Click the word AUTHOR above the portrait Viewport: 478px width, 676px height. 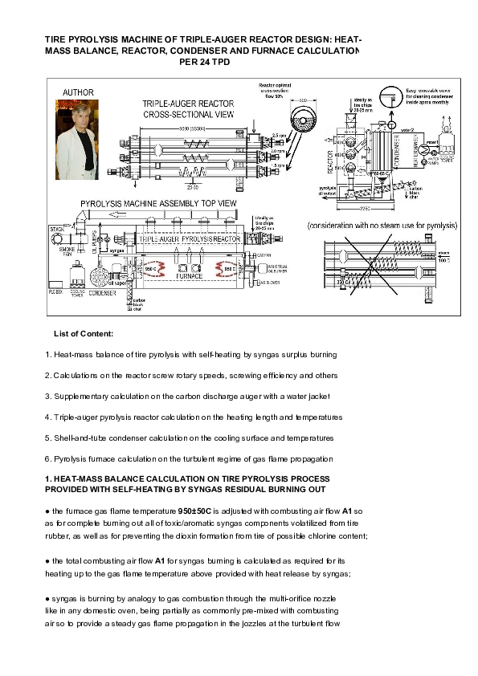(78, 92)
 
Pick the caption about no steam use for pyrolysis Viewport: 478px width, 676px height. (372, 226)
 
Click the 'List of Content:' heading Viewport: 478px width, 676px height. (84, 332)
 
